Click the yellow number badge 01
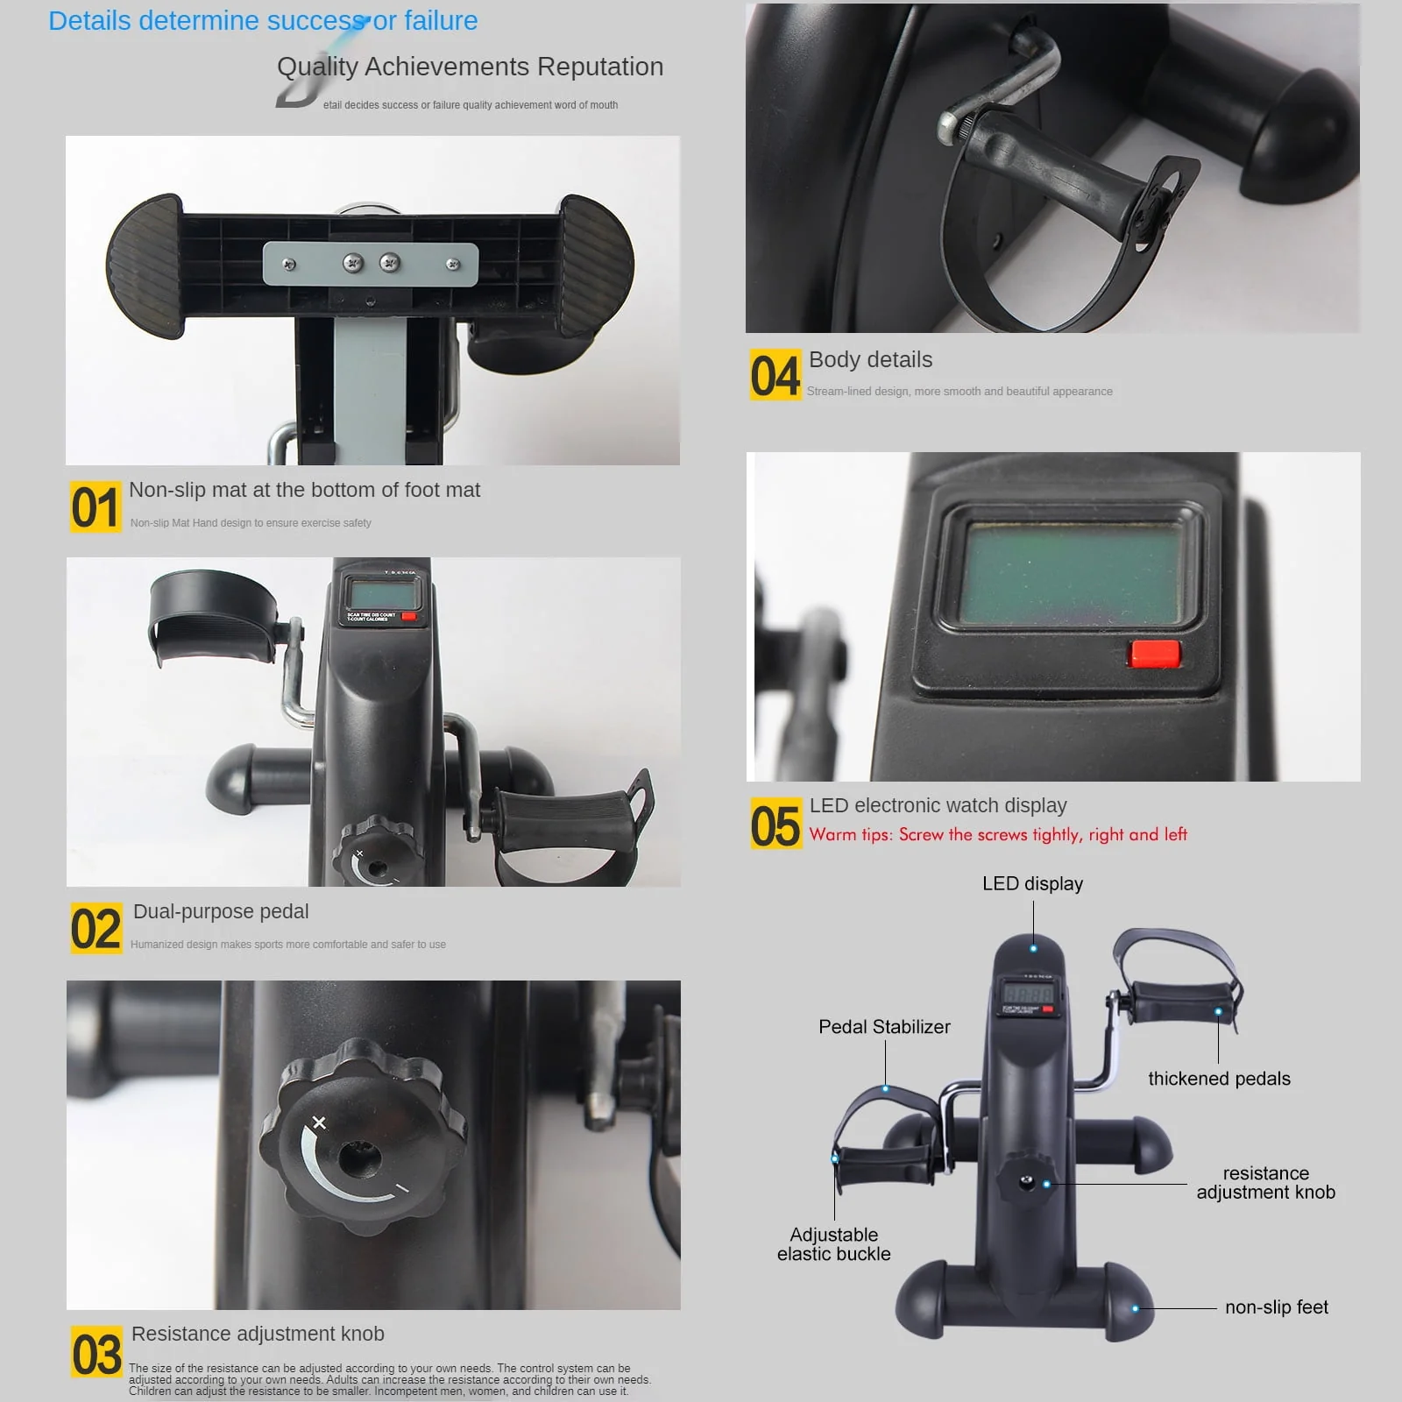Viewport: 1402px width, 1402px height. click(95, 507)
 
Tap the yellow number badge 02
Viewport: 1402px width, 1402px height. click(96, 929)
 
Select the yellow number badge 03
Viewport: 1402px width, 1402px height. click(96, 1351)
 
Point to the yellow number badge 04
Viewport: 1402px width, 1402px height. click(775, 375)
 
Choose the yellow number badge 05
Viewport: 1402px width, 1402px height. click(775, 824)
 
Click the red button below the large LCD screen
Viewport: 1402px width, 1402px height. click(1154, 654)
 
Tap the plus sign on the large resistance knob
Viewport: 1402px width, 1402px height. click(319, 1122)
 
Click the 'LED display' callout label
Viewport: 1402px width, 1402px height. click(1032, 883)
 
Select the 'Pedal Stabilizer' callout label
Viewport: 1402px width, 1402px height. click(884, 1026)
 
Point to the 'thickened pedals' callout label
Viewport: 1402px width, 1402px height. click(1219, 1079)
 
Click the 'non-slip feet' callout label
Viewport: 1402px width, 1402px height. click(1276, 1307)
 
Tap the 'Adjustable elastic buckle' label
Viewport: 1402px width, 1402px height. click(833, 1244)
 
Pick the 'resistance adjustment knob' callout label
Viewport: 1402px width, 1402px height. click(1265, 1183)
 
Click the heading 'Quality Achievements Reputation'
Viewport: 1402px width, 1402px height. click(470, 67)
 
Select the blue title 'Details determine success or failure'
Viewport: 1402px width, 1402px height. click(263, 21)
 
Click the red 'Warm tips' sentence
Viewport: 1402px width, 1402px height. click(998, 834)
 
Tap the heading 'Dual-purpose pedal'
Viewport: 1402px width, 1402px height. click(221, 911)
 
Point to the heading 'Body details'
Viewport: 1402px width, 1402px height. click(870, 359)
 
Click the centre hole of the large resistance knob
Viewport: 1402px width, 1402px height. click(359, 1158)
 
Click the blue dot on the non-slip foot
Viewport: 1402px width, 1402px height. click(1135, 1308)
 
